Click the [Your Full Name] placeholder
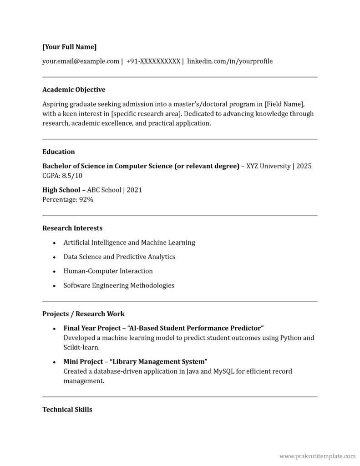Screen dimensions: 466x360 tap(69, 47)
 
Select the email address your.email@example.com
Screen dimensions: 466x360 tap(81, 61)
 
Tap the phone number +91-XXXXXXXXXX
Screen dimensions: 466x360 tap(153, 61)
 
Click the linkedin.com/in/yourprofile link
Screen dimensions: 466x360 tap(230, 61)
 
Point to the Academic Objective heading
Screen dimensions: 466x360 tap(74, 90)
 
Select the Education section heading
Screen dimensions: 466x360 tap(59, 152)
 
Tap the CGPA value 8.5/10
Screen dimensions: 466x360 tap(72, 176)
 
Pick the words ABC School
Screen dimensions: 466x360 tap(104, 190)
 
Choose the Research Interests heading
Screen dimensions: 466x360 tap(72, 228)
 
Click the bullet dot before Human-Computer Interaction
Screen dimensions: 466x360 tap(54, 272)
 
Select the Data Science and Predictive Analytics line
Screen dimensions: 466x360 tap(119, 257)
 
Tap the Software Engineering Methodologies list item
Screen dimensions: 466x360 tap(119, 286)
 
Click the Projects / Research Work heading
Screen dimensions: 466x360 tap(83, 314)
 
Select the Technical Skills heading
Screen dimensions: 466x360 tap(67, 410)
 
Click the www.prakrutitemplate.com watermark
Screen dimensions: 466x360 tap(317, 456)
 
